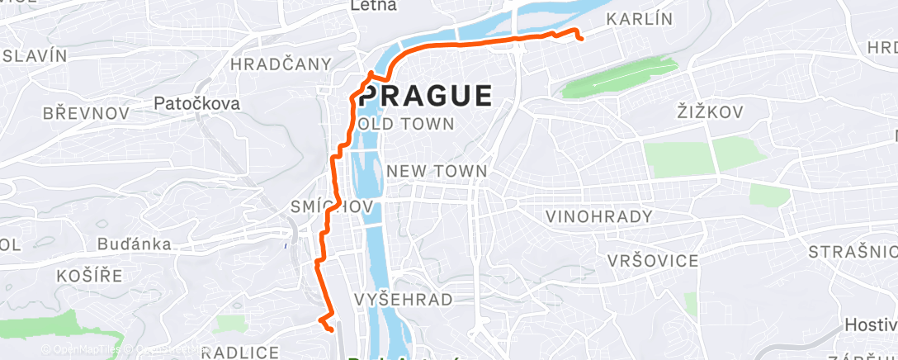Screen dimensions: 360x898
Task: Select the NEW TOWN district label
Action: pos(437,171)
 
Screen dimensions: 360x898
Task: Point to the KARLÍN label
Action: pos(640,19)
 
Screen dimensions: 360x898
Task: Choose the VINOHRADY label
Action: pos(599,216)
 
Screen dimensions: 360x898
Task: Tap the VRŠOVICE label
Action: pos(652,261)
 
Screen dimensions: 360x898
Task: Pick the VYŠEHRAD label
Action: pos(403,299)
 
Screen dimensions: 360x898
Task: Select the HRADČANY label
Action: pos(281,64)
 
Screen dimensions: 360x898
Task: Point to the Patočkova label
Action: pos(196,103)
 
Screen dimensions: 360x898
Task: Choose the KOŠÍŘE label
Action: pos(89,274)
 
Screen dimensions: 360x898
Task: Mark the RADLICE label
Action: pos(240,353)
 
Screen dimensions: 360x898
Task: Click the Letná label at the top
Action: pos(374,6)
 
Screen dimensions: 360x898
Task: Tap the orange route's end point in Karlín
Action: pos(581,38)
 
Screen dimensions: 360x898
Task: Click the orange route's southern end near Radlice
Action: pos(331,329)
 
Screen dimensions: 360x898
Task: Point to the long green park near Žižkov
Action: pos(621,78)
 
